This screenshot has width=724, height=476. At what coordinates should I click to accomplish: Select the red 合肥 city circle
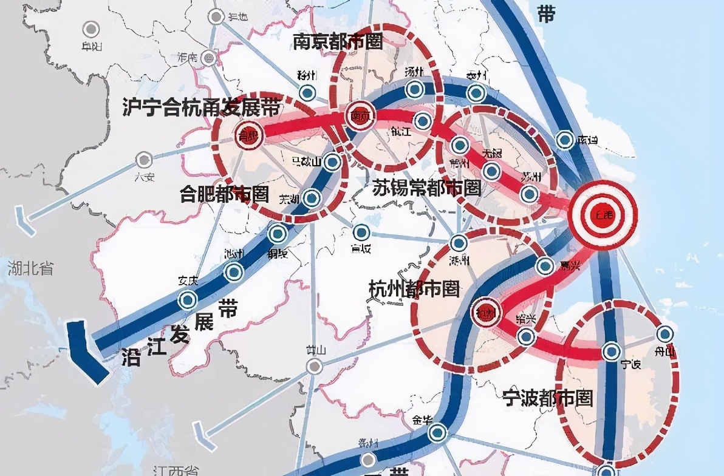point(247,137)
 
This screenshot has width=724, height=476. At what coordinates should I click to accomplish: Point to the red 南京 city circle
point(358,117)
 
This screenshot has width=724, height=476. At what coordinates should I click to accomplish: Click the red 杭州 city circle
point(485,313)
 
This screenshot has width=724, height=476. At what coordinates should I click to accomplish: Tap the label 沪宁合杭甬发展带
point(201,108)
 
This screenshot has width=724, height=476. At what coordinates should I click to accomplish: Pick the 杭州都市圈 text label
point(414,290)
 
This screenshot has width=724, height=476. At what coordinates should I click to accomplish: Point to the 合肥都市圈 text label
point(224,194)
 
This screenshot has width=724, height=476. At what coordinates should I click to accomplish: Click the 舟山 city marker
point(665,333)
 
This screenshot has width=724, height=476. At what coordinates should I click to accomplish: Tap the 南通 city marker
point(566,140)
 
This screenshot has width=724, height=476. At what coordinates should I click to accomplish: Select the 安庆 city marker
point(188,299)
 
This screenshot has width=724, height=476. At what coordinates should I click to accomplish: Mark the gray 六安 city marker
point(144,160)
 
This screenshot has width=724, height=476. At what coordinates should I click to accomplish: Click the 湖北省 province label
point(30,268)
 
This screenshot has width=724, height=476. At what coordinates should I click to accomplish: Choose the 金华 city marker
point(437,433)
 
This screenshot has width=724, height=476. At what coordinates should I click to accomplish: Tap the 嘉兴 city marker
point(545,265)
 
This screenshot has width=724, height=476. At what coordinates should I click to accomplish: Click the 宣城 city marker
point(361,233)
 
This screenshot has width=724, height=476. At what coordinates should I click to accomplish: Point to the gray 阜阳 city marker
point(92,29)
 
